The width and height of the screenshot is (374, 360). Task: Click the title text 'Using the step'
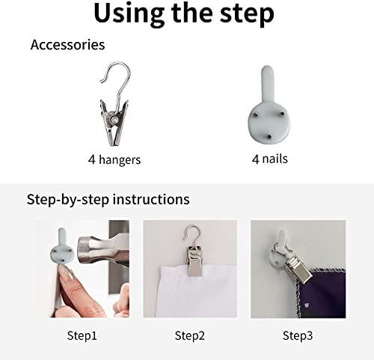pyautogui.click(x=184, y=13)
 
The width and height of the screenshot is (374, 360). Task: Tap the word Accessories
pyautogui.click(x=67, y=45)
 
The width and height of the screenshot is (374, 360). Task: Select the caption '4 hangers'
pyautogui.click(x=114, y=159)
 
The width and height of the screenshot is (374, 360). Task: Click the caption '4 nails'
pyautogui.click(x=270, y=159)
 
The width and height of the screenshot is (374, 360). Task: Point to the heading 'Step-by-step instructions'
pyautogui.click(x=108, y=200)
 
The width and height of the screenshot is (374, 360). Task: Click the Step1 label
pyautogui.click(x=82, y=335)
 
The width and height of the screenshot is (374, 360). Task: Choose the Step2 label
pyautogui.click(x=190, y=335)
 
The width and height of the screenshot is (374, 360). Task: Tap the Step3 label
pyautogui.click(x=298, y=335)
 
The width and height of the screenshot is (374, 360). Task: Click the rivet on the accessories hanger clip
pyautogui.click(x=114, y=120)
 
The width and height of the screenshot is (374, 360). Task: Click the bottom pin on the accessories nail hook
pyautogui.click(x=269, y=137)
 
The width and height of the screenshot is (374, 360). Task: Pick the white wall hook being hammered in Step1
pyautogui.click(x=61, y=246)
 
